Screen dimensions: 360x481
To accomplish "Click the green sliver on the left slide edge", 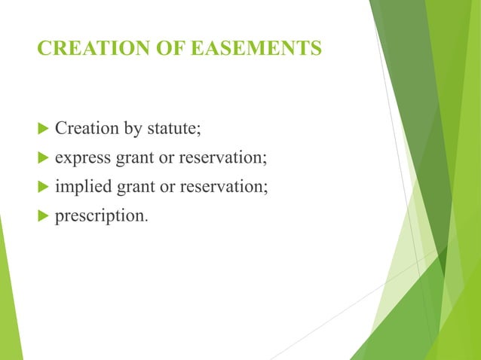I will [x=9, y=301].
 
